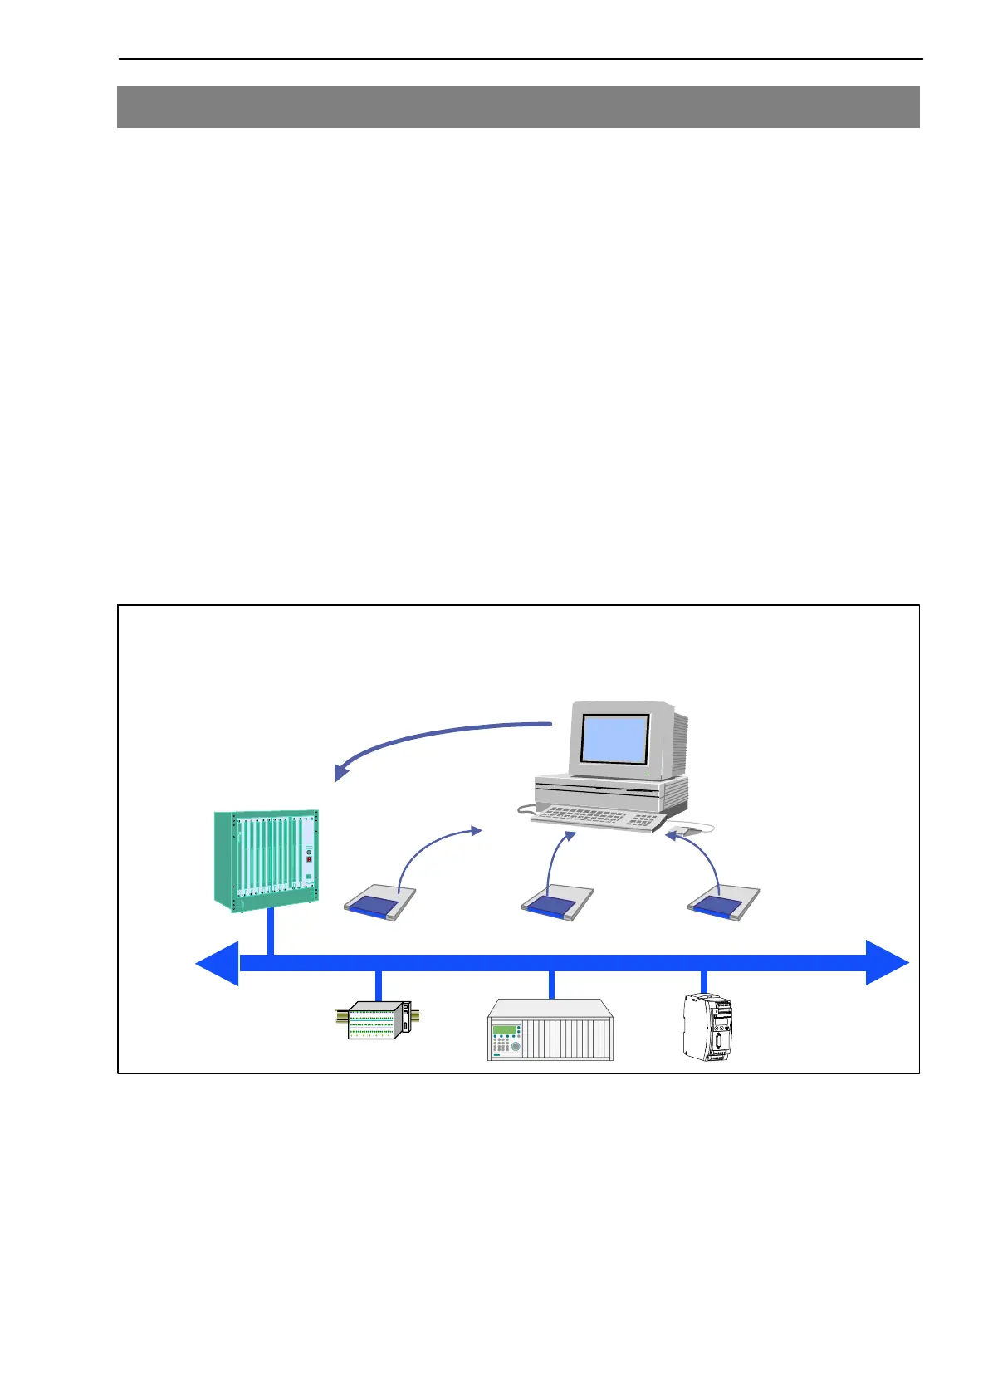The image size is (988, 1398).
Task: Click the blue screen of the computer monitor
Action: (x=614, y=738)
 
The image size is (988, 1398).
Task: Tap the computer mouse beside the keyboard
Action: (x=686, y=828)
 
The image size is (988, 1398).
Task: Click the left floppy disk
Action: (x=379, y=903)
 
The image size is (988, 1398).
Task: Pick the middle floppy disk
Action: (x=556, y=903)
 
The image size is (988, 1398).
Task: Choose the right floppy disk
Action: (x=724, y=903)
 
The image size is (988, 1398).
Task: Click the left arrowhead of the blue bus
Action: (x=218, y=963)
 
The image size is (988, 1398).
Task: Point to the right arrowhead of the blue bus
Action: (x=887, y=963)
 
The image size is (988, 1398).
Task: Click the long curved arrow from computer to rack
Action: (x=432, y=739)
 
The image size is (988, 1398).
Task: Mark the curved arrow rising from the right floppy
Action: (x=706, y=855)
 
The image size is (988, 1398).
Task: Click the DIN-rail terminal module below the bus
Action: (x=379, y=1019)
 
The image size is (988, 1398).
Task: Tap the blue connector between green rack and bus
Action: (x=270, y=934)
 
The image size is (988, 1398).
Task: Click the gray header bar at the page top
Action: (x=518, y=107)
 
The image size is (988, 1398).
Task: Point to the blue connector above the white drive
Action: (x=704, y=982)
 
